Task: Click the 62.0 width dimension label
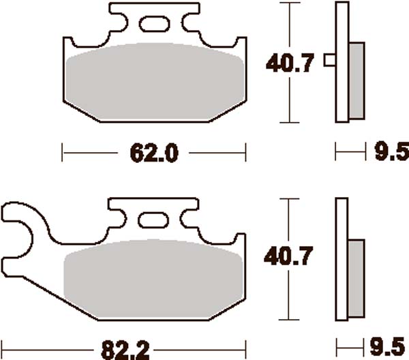[x=154, y=154]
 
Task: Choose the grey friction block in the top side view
[x=356, y=78]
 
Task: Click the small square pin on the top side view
[x=331, y=60]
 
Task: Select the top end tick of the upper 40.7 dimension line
[x=291, y=3]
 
